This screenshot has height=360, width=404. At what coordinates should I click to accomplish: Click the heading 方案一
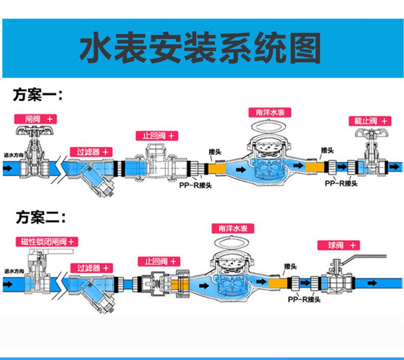pos(38,96)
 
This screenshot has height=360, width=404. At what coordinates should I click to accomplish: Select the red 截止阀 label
pos(370,121)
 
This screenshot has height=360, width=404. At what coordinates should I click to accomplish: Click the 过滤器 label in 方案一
pos(91,152)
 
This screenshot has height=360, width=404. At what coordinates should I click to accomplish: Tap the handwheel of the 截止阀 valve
pos(370,134)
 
